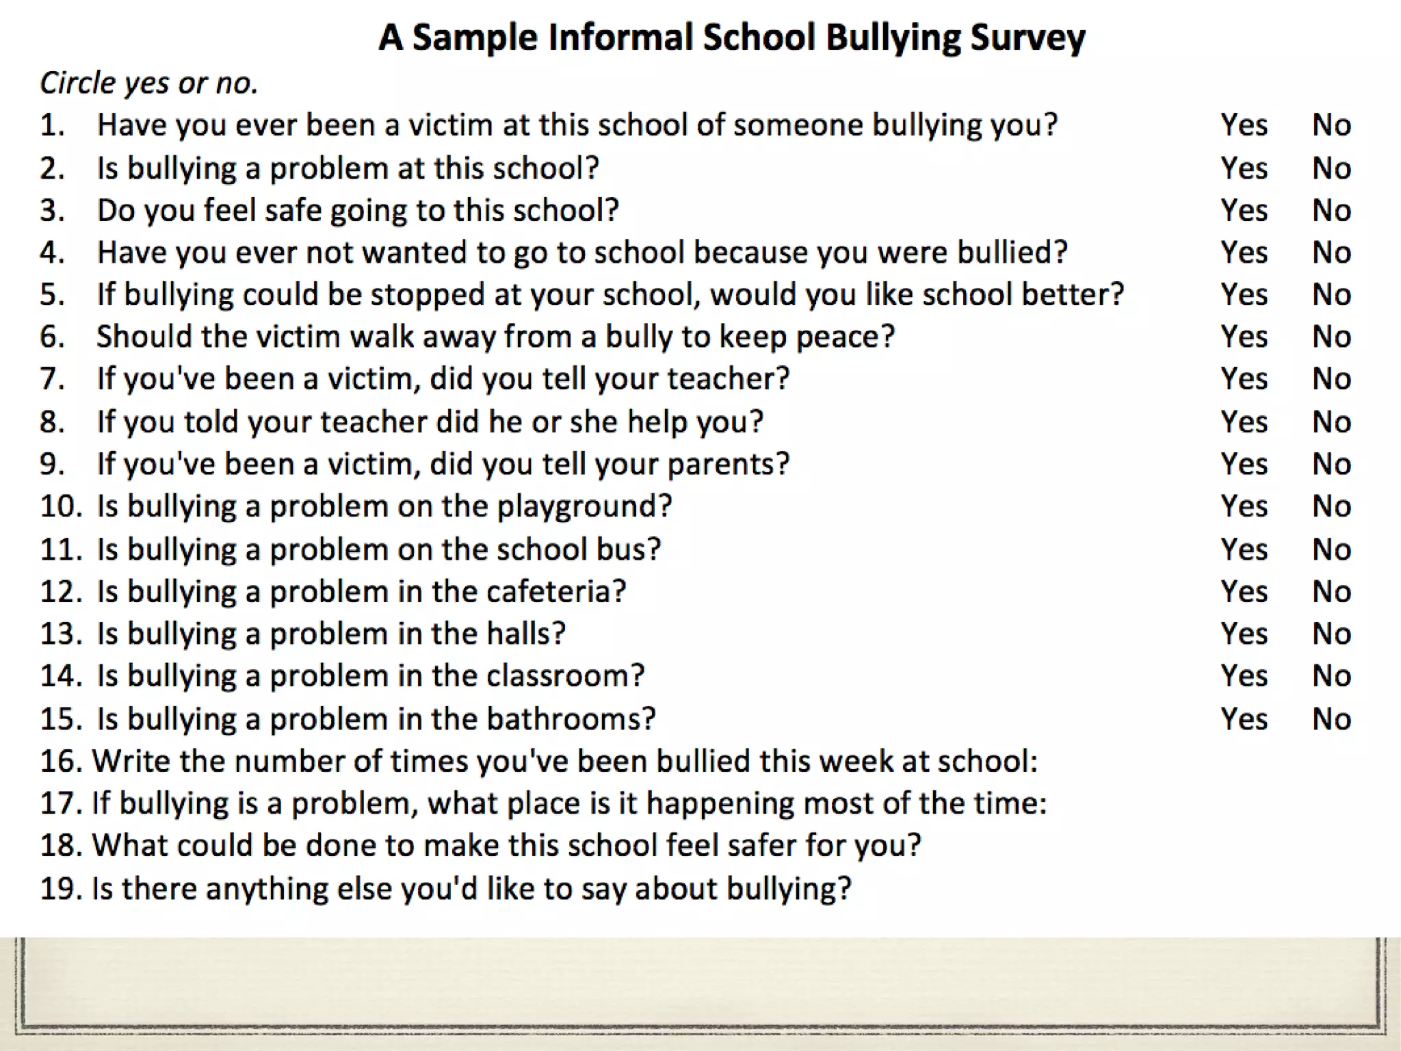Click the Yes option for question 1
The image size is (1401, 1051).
1244,125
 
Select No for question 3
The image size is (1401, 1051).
1331,210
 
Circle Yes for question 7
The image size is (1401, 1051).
1244,379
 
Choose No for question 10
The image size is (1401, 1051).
1331,506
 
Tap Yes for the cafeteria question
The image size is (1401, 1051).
1244,592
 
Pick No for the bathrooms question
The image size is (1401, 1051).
1331,719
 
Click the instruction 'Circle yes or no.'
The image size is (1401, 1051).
149,83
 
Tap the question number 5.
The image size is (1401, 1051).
52,295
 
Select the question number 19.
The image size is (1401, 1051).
62,889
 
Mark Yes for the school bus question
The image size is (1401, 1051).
1244,549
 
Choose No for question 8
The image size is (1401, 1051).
1331,422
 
